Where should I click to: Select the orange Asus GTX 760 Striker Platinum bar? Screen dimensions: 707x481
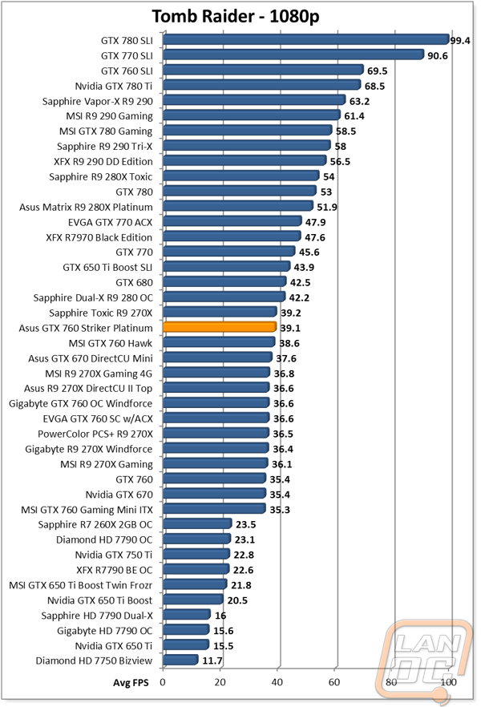[x=220, y=327]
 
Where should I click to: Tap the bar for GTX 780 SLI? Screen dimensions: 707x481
[x=305, y=39]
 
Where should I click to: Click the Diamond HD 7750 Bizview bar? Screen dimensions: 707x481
[x=180, y=661]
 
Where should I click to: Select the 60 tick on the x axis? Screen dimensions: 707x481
[x=334, y=682]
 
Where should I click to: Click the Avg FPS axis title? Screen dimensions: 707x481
[x=130, y=682]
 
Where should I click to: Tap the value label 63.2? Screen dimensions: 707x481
[x=359, y=101]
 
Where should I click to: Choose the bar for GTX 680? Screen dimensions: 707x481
[x=224, y=281]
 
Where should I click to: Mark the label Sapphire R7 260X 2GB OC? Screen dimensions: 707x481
[x=95, y=524]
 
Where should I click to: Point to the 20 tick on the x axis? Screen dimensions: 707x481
[x=220, y=682]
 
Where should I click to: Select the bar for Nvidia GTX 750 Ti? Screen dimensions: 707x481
[x=196, y=554]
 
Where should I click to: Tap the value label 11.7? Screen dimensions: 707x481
[x=211, y=661]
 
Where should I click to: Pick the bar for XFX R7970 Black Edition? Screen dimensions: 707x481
[x=232, y=236]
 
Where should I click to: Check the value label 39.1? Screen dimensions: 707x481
[x=289, y=328]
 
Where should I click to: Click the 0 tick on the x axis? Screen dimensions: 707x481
[x=163, y=682]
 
